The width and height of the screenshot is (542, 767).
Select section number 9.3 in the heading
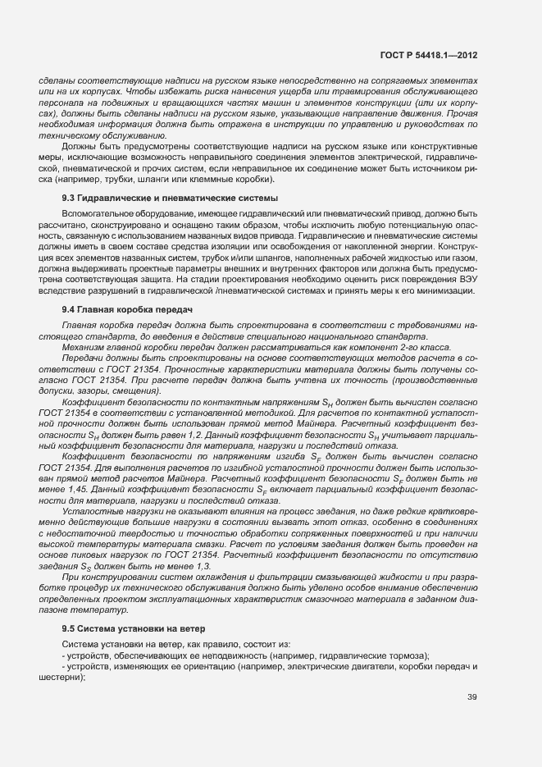pos(69,199)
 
